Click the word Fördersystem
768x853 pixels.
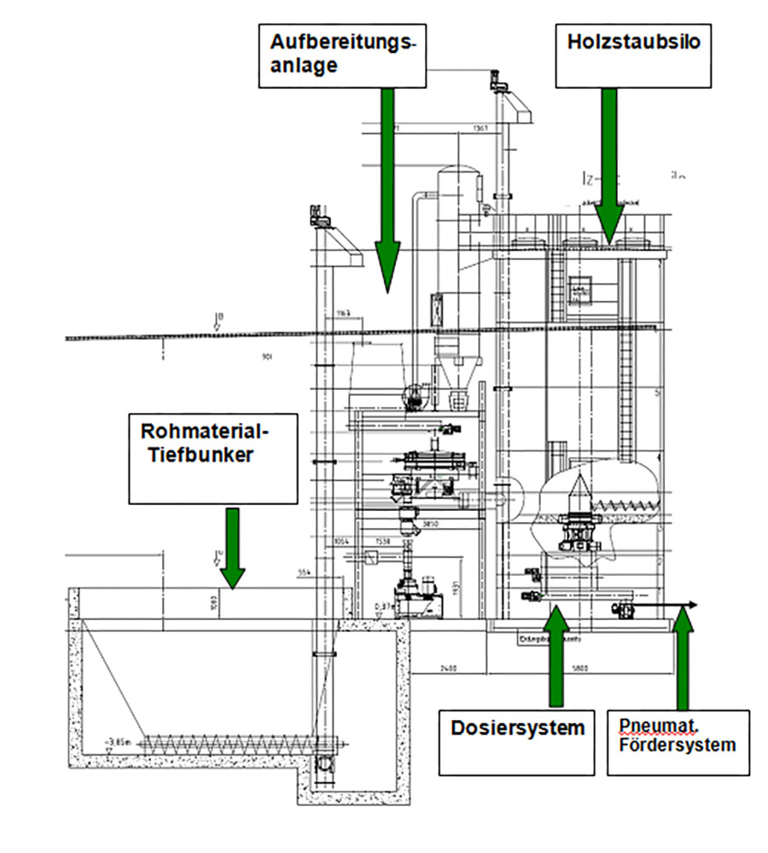point(678,744)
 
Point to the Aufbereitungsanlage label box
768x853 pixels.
point(342,55)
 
